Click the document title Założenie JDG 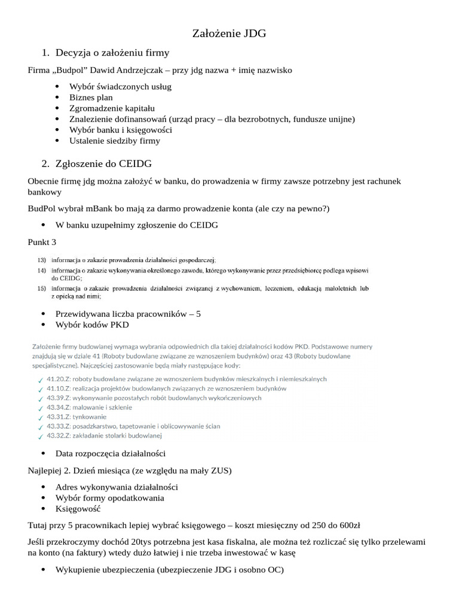point(229,34)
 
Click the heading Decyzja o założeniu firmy point(112,53)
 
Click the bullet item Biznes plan point(91,98)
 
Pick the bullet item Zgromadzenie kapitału point(112,108)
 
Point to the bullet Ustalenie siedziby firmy point(115,141)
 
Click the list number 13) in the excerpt point(41,260)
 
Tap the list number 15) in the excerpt point(41,289)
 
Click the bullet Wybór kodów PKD point(91,324)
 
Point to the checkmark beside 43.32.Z point(39,435)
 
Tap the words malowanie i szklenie point(103,407)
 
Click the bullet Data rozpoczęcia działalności point(111,453)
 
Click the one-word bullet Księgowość point(78,509)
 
